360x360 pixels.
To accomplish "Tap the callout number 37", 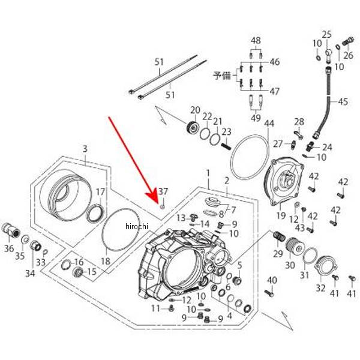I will tap(163, 191).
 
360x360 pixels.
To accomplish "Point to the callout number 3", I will tap(85, 148).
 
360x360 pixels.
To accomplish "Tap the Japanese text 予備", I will tap(221, 76).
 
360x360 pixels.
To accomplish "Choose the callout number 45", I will tap(343, 102).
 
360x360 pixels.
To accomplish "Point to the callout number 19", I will tap(281, 215).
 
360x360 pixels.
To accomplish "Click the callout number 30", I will tap(290, 266).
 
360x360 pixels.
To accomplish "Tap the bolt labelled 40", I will tap(269, 292).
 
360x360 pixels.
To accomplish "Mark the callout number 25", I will tap(326, 34).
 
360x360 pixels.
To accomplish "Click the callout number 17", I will tap(101, 192).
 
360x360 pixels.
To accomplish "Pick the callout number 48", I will tap(256, 41).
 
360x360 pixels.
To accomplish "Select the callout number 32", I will tap(320, 288).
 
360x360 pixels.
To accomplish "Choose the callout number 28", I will tap(299, 122).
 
